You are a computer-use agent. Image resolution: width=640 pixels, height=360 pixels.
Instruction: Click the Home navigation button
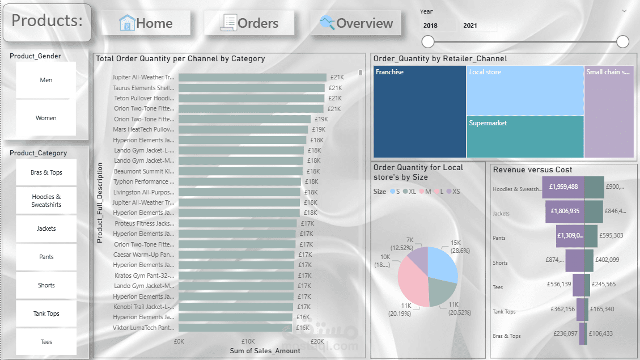point(146,23)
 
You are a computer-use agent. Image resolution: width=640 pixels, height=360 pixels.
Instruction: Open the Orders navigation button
point(249,23)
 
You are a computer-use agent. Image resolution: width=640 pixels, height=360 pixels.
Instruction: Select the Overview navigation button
point(355,23)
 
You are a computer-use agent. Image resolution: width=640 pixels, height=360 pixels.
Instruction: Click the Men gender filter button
point(46,80)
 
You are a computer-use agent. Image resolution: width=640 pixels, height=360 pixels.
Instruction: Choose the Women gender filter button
point(46,118)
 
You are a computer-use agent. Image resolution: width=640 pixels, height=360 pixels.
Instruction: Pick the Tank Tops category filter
point(46,314)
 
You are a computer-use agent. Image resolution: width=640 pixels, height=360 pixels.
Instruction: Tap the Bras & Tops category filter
point(46,172)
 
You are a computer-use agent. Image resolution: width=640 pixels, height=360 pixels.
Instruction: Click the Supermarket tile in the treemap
point(525,137)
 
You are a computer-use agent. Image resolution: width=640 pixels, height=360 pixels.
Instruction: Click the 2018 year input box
point(438,26)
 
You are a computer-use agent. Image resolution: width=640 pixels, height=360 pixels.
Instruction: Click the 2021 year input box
point(478,26)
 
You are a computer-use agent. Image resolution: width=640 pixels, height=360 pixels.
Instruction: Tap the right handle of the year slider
point(622,41)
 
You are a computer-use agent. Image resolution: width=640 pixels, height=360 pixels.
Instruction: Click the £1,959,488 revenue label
point(563,187)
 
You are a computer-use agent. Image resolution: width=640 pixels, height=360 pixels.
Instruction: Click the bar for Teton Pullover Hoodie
point(251,98)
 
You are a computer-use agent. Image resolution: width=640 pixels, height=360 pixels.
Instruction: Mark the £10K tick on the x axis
point(248,342)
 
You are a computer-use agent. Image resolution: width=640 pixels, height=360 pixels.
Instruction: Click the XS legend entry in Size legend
point(453,192)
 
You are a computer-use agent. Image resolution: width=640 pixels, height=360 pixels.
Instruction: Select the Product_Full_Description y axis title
point(100,203)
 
